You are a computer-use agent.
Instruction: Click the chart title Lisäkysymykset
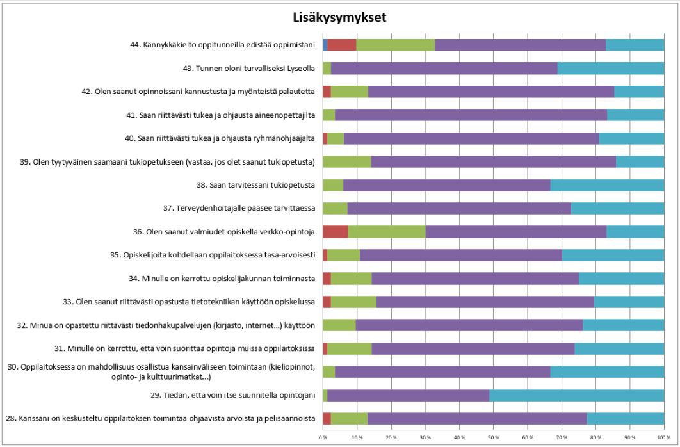[x=340, y=17]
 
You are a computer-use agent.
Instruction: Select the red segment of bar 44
[x=342, y=45]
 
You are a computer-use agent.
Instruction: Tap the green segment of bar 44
[x=396, y=45]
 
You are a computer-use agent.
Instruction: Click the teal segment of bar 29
[x=576, y=395]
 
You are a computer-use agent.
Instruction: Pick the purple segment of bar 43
[x=444, y=68]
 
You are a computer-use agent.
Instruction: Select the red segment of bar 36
[x=335, y=231]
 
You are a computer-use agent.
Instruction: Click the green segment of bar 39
[x=346, y=161]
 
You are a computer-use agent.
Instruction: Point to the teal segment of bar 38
[x=607, y=185]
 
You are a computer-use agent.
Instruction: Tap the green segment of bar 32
[x=339, y=325]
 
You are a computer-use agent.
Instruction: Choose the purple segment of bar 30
[x=442, y=371]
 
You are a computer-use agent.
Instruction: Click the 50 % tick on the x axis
[x=493, y=437]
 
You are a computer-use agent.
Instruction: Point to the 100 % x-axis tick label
[x=663, y=437]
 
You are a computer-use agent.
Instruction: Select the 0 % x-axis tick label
[x=323, y=437]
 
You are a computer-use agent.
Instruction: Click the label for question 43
[x=249, y=68]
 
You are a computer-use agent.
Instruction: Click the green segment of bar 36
[x=386, y=231]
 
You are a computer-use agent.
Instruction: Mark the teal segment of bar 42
[x=639, y=92]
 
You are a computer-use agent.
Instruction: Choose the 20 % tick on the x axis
[x=391, y=437]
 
